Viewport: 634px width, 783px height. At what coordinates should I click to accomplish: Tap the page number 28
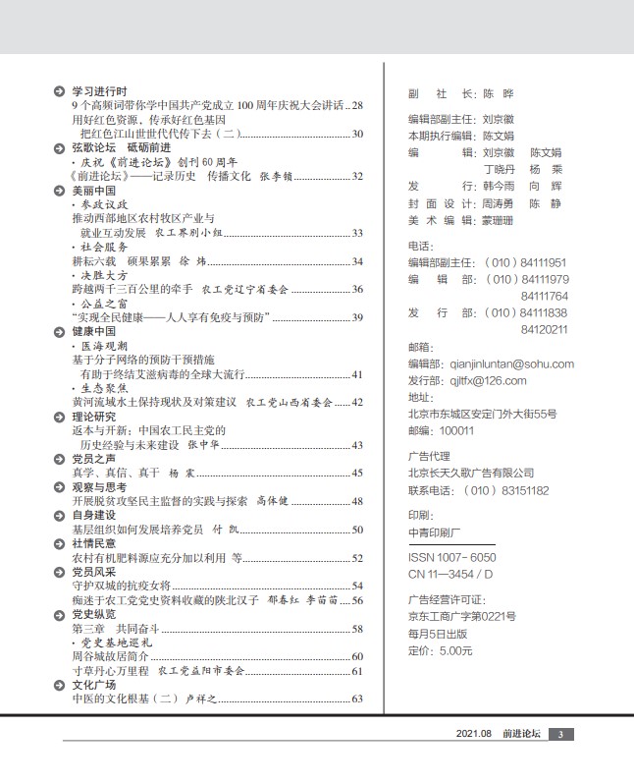(357, 105)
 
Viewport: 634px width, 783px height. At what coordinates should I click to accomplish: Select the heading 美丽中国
(94, 190)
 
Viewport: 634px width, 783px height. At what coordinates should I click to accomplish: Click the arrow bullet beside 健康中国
(60, 332)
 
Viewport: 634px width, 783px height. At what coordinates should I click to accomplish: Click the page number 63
(357, 699)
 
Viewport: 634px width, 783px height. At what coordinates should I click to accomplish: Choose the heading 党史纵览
(94, 614)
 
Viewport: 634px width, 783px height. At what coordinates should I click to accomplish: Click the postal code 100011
(444, 429)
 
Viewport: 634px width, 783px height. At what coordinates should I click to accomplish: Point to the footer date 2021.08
(473, 734)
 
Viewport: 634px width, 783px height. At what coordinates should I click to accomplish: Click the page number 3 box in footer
(558, 734)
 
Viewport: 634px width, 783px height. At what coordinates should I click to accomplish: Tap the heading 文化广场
(94, 684)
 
